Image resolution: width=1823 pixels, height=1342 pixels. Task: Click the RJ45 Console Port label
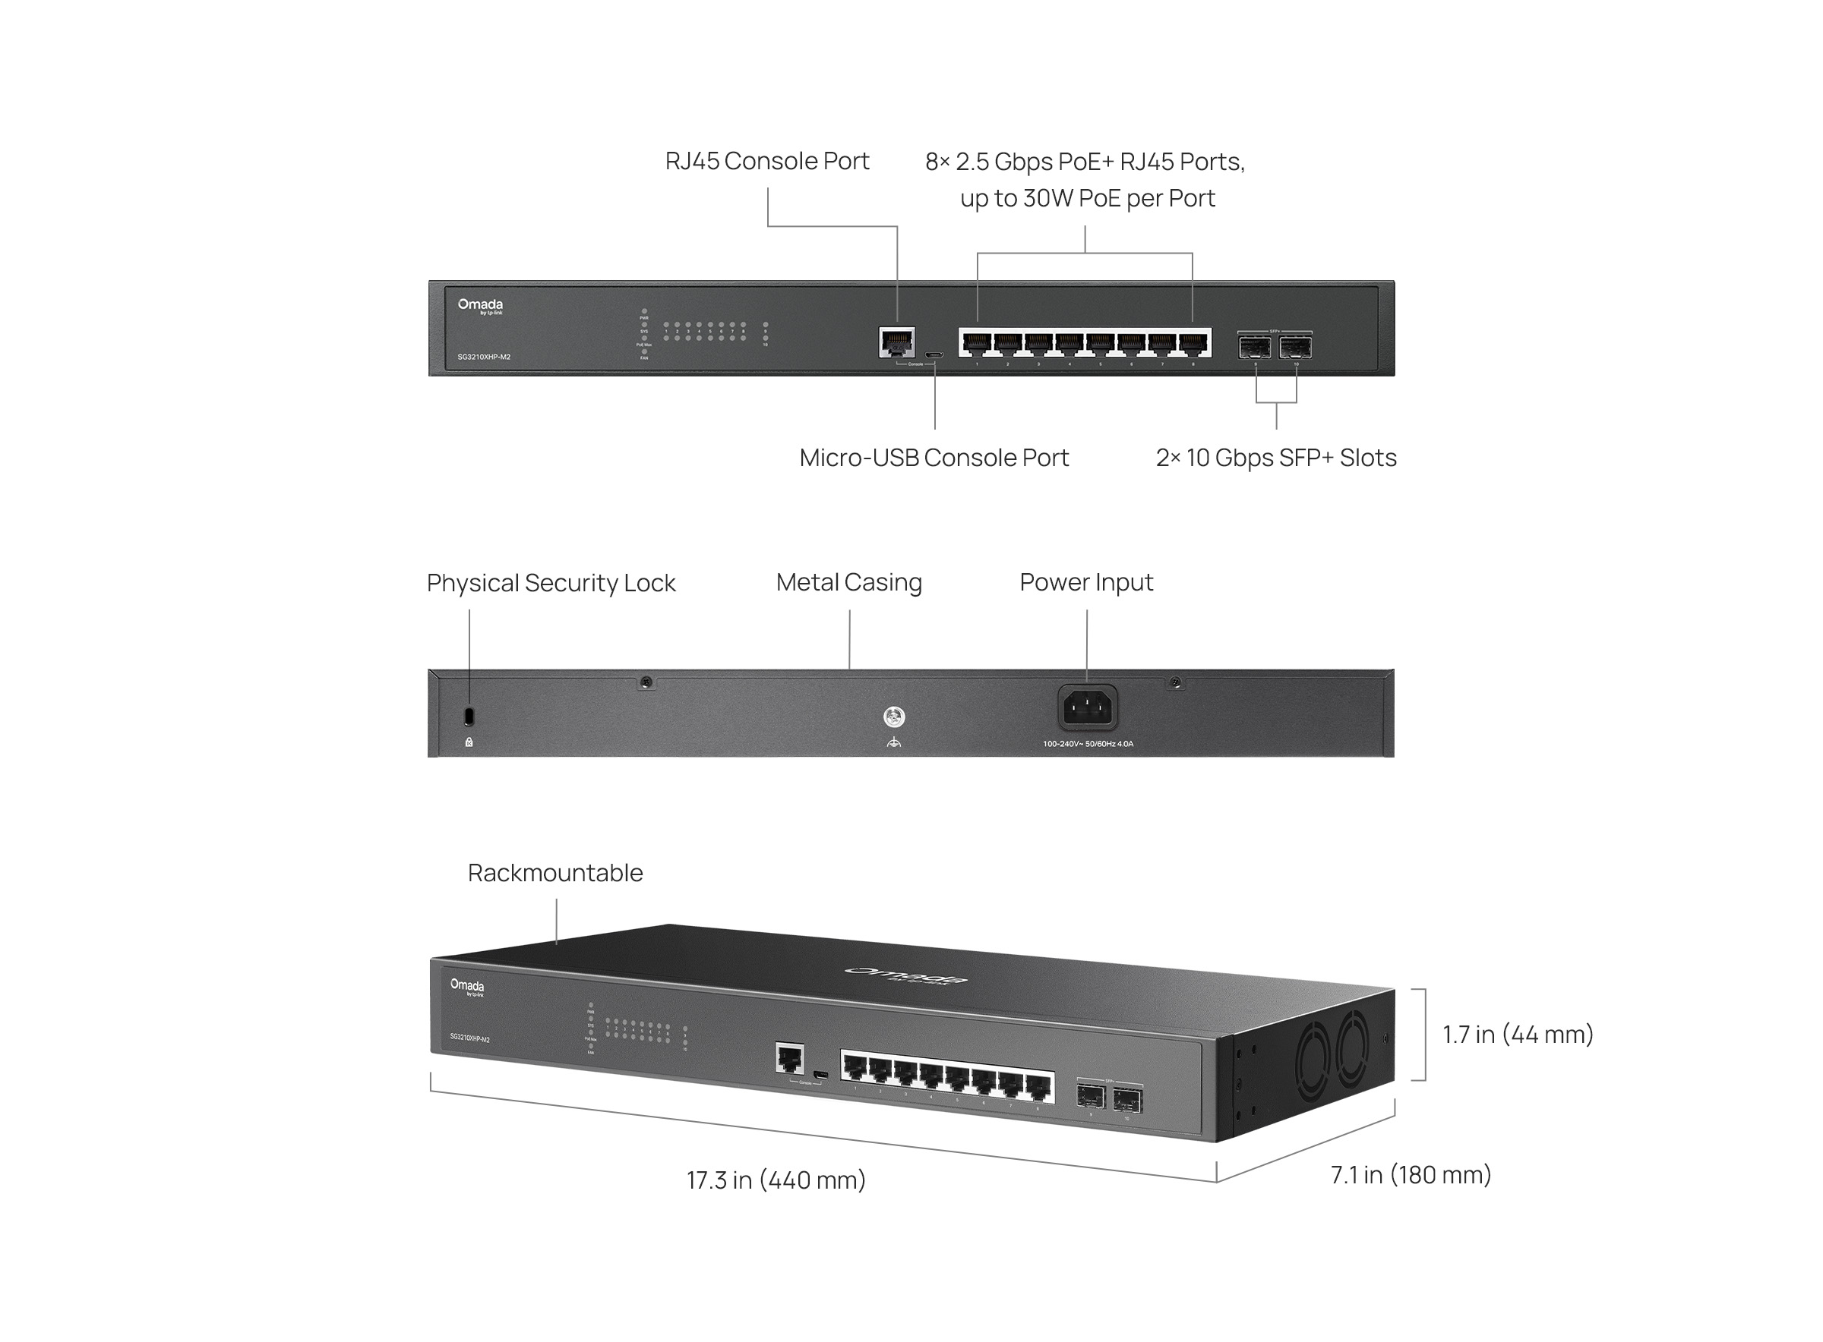pyautogui.click(x=766, y=161)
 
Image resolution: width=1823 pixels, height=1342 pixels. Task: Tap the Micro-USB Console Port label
pyautogui.click(x=933, y=458)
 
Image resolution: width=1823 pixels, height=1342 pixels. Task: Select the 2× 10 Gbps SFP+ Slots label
pyautogui.click(x=1275, y=458)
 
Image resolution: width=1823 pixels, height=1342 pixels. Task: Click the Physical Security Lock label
pyautogui.click(x=550, y=582)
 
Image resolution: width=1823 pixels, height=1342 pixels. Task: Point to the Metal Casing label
pyautogui.click(x=848, y=581)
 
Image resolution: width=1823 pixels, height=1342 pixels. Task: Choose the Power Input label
pyautogui.click(x=1086, y=581)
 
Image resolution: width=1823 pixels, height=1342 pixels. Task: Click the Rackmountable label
pyautogui.click(x=555, y=872)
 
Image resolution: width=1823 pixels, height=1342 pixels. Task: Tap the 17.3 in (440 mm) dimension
pyautogui.click(x=776, y=1180)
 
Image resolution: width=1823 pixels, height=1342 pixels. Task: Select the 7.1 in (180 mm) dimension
pyautogui.click(x=1410, y=1175)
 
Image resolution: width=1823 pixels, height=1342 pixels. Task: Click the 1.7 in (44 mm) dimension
pyautogui.click(x=1517, y=1034)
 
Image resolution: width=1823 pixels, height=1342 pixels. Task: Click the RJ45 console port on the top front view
pyautogui.click(x=896, y=342)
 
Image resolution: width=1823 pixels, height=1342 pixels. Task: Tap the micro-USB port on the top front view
pyautogui.click(x=934, y=355)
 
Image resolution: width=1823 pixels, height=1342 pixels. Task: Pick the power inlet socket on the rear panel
pyautogui.click(x=1087, y=707)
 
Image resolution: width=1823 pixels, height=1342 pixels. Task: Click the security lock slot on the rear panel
pyautogui.click(x=469, y=717)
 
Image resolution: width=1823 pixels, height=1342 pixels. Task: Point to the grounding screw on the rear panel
pyautogui.click(x=893, y=717)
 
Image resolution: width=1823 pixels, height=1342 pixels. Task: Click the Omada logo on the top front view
pyautogui.click(x=479, y=305)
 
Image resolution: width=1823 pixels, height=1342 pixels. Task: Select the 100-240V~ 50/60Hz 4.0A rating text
pyautogui.click(x=1088, y=743)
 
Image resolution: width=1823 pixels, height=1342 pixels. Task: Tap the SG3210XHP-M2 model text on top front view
pyautogui.click(x=484, y=357)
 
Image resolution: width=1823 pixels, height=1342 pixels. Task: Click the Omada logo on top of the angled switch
pyautogui.click(x=905, y=975)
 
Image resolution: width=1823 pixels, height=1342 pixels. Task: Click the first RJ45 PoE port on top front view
pyautogui.click(x=976, y=345)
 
